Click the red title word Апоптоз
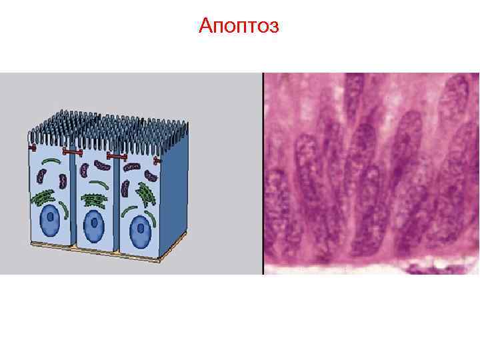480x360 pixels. tap(239, 27)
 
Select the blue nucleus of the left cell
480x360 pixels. tap(49, 221)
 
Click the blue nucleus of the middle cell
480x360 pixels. tap(94, 225)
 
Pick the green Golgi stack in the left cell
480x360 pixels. tap(45, 197)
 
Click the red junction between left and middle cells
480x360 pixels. tap(71, 153)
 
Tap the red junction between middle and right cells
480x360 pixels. tap(117, 157)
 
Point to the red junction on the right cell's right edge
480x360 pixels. tap(158, 161)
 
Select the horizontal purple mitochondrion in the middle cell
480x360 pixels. tap(101, 165)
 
